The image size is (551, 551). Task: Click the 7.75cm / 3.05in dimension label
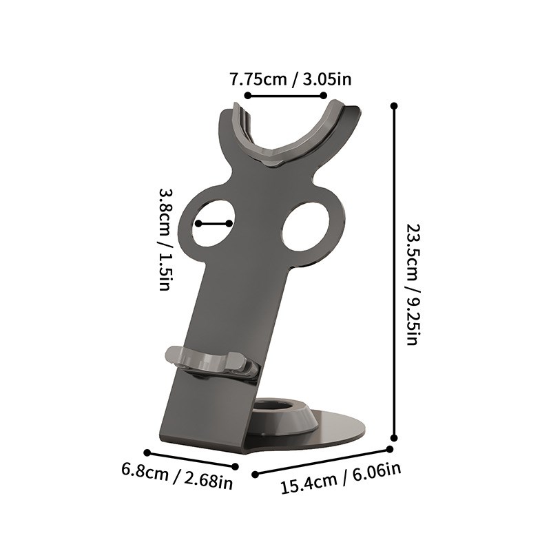[291, 79]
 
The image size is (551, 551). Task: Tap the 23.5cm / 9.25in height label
[412, 284]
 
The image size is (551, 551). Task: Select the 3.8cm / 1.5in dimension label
[165, 239]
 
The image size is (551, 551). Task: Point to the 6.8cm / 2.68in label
[177, 475]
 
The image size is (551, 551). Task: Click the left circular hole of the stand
[214, 223]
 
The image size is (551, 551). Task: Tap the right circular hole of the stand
[306, 227]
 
